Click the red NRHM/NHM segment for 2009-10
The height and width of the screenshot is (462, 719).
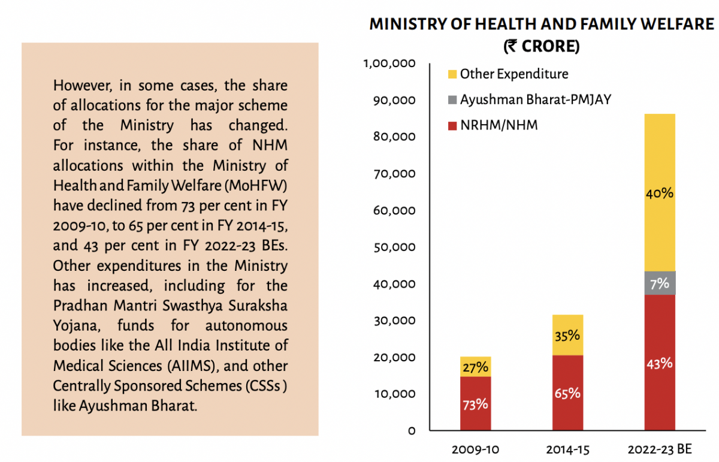(475, 403)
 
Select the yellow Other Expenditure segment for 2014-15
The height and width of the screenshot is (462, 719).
(567, 335)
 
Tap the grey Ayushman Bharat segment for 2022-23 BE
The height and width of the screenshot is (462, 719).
(659, 283)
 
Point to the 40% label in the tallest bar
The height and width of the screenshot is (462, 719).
(659, 194)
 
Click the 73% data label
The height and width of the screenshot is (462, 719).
(475, 404)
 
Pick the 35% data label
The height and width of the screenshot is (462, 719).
(567, 336)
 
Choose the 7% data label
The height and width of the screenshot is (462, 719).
(659, 283)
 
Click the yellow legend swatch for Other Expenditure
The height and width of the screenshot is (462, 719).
(452, 75)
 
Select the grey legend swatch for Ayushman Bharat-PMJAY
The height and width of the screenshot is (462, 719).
(452, 100)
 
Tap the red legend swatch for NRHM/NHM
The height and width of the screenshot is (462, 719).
(452, 126)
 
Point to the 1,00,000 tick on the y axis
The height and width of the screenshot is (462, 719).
(390, 63)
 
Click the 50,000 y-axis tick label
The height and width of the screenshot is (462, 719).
(393, 247)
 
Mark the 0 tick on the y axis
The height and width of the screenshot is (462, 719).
(412, 431)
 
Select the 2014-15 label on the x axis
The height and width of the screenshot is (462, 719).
(567, 449)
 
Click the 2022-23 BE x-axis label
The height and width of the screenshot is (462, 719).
(659, 449)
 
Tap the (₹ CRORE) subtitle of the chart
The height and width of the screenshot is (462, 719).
(541, 46)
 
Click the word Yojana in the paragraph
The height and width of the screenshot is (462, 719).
(74, 325)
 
